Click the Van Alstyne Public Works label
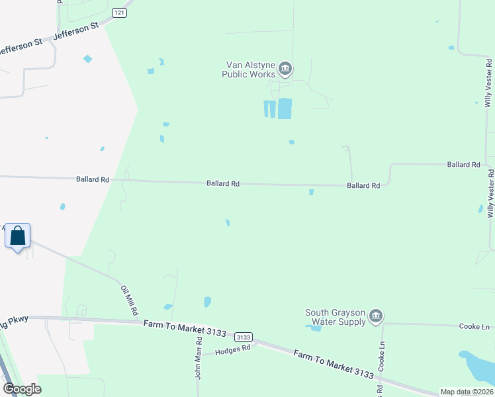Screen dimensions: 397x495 click(250, 69)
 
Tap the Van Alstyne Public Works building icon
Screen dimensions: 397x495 click(286, 68)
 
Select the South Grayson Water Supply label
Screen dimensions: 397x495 click(335, 317)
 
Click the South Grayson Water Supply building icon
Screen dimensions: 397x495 click(376, 316)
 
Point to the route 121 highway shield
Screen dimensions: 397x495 click(119, 13)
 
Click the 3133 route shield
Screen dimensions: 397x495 click(244, 337)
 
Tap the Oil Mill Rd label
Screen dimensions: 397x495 click(128, 299)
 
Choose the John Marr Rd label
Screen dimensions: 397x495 click(198, 357)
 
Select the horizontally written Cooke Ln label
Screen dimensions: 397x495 click(474, 326)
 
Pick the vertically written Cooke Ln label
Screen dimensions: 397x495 click(381, 357)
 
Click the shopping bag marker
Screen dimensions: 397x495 click(17, 236)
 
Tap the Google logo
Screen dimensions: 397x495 click(22, 389)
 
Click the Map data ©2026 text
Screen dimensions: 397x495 click(467, 392)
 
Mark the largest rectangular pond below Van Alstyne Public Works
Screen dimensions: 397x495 click(285, 109)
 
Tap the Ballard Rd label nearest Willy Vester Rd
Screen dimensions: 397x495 click(463, 164)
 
